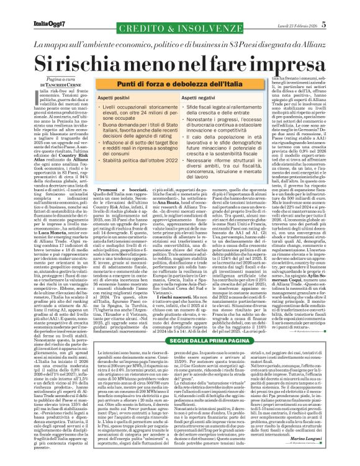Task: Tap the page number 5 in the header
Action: pos(341,7)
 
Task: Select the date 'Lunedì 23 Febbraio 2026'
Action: pos(311,7)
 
